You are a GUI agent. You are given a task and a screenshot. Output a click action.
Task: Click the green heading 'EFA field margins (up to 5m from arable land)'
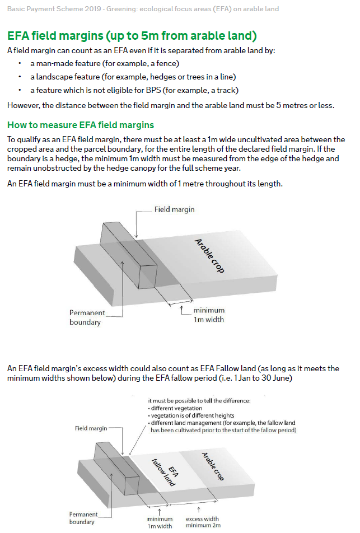(132, 36)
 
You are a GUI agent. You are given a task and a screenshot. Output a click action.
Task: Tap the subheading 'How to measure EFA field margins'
(81, 124)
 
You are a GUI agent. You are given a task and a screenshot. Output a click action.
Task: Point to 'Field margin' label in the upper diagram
(174, 209)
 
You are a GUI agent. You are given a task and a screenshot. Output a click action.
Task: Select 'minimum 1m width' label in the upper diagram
(209, 315)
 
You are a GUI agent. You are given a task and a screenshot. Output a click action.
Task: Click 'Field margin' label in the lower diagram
(91, 428)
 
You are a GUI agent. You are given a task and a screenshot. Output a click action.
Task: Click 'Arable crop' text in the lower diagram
(212, 466)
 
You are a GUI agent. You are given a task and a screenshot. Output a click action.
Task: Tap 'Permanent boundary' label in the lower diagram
(84, 518)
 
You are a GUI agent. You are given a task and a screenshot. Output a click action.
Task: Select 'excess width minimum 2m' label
(202, 522)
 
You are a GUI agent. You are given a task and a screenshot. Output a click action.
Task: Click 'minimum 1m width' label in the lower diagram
(160, 522)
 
